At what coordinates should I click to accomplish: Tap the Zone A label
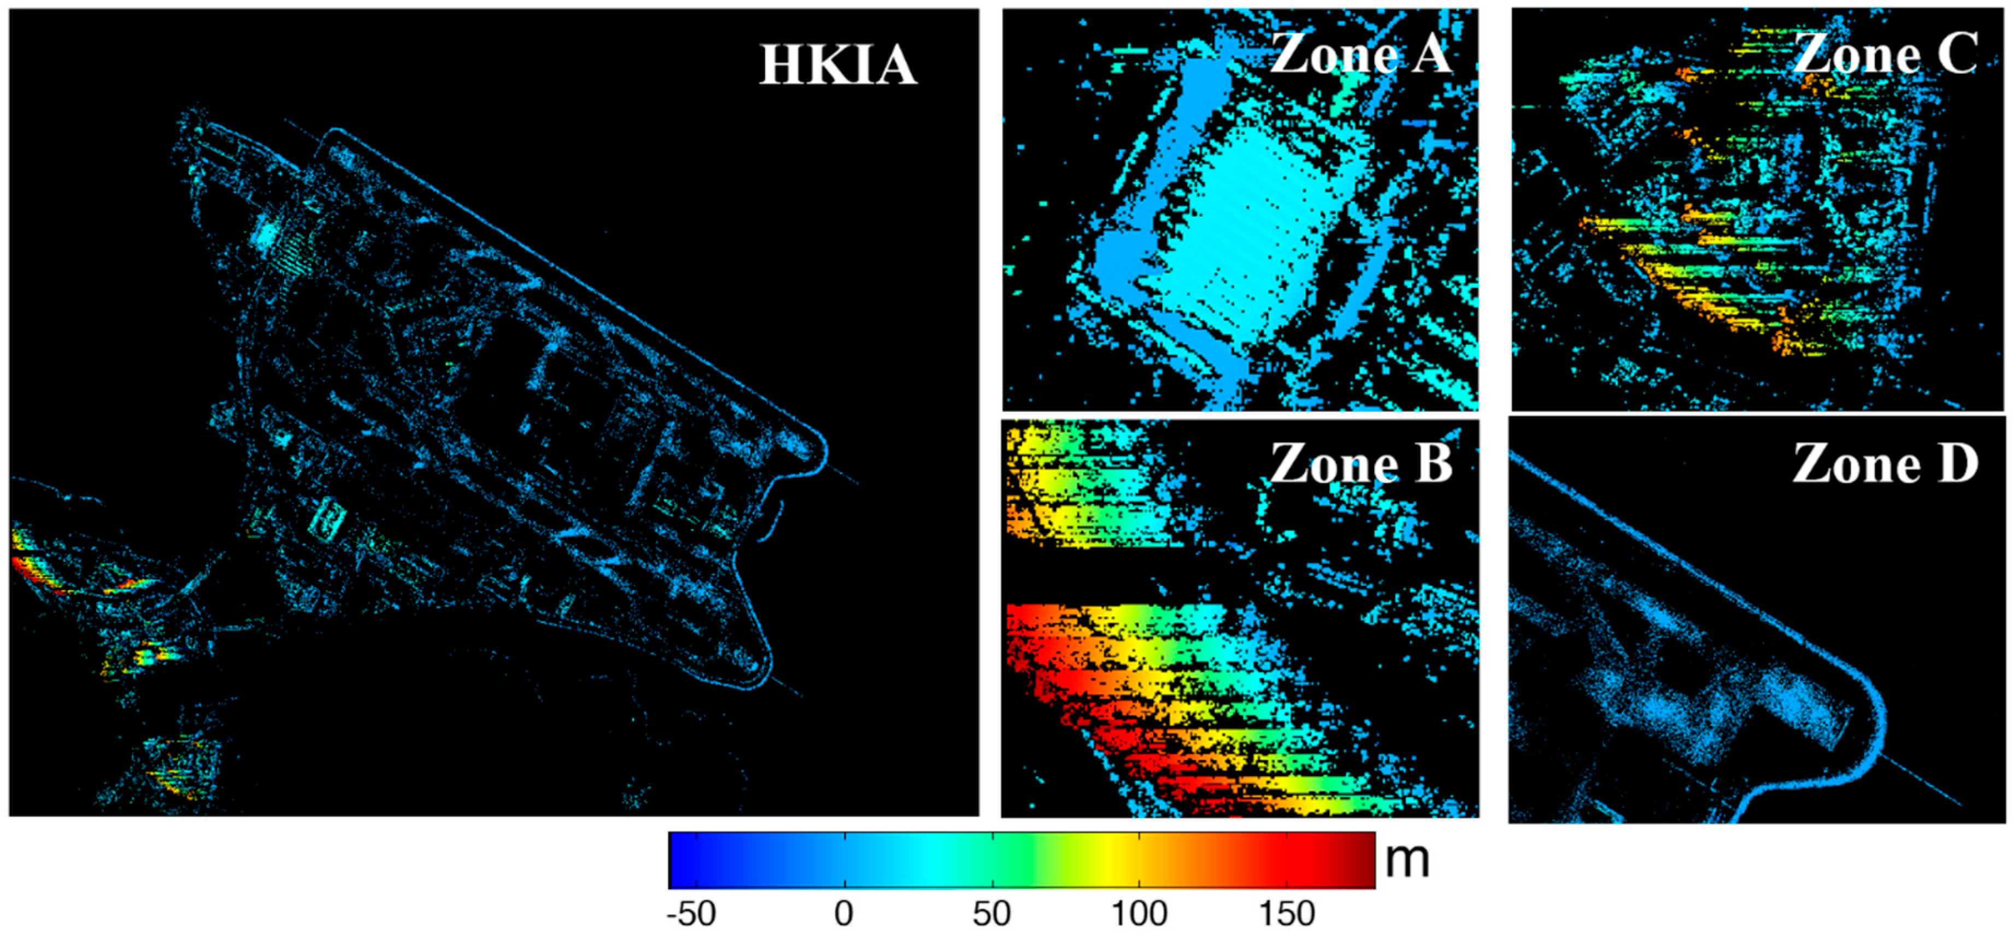(x=1360, y=54)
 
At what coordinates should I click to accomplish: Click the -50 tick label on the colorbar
(x=691, y=914)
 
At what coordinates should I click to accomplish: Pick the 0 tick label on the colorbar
(x=843, y=914)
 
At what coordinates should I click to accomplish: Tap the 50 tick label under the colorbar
(x=991, y=914)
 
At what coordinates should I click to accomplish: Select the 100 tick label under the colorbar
(x=1138, y=914)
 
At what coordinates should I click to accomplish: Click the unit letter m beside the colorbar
(x=1407, y=860)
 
